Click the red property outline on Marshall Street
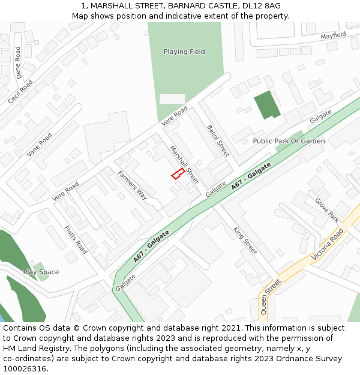pos(178,173)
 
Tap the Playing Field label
pos(184,52)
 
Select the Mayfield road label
pos(333,36)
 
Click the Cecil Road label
pos(20,92)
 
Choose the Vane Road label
pos(40,145)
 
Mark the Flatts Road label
pos(76,239)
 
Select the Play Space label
pos(41,272)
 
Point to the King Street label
pos(245,241)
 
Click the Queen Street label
pos(271,297)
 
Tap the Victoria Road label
pos(328,244)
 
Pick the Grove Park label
pos(326,211)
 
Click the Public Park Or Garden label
pos(289,141)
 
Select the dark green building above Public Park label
pos(266,105)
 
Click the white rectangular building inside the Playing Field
pos(172,99)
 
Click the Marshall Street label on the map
pos(183,164)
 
